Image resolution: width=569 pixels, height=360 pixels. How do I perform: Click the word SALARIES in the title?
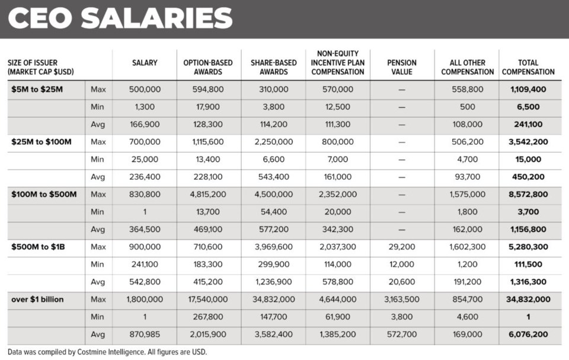(x=157, y=18)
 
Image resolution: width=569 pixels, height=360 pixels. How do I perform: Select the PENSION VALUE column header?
(x=401, y=67)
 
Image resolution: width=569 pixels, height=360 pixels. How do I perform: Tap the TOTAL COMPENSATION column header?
(x=528, y=67)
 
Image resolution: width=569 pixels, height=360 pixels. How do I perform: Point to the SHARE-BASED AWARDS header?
(x=273, y=67)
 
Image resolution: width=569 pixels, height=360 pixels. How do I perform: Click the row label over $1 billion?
(x=37, y=300)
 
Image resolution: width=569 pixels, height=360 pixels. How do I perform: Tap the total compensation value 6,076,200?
(x=528, y=334)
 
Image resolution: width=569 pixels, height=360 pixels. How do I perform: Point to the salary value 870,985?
(x=144, y=334)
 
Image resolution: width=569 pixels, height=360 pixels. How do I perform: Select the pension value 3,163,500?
(x=401, y=300)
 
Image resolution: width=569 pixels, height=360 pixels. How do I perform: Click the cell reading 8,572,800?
(x=528, y=195)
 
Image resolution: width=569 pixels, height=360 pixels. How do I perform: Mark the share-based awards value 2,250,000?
(x=273, y=142)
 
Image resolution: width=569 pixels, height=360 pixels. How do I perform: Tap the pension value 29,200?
(x=401, y=247)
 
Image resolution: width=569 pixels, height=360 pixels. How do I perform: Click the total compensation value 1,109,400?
(x=528, y=90)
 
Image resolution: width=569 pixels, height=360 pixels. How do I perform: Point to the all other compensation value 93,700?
(x=466, y=177)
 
